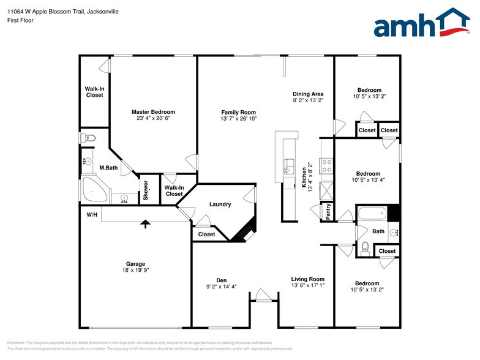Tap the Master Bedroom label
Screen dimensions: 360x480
[153, 112]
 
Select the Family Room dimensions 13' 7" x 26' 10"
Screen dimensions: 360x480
[239, 119]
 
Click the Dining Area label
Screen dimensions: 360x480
[308, 94]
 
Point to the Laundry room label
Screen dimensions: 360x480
[220, 204]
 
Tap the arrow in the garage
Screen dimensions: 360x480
[145, 224]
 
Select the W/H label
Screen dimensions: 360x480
[92, 215]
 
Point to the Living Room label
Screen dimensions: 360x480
[307, 279]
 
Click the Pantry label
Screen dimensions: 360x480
[328, 212]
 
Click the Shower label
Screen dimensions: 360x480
[146, 191]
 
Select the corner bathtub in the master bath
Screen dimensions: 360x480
[93, 192]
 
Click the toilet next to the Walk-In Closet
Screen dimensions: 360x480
[90, 138]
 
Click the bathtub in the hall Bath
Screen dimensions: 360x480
[372, 214]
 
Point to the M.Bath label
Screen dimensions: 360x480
[108, 167]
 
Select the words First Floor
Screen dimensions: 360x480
[21, 20]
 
